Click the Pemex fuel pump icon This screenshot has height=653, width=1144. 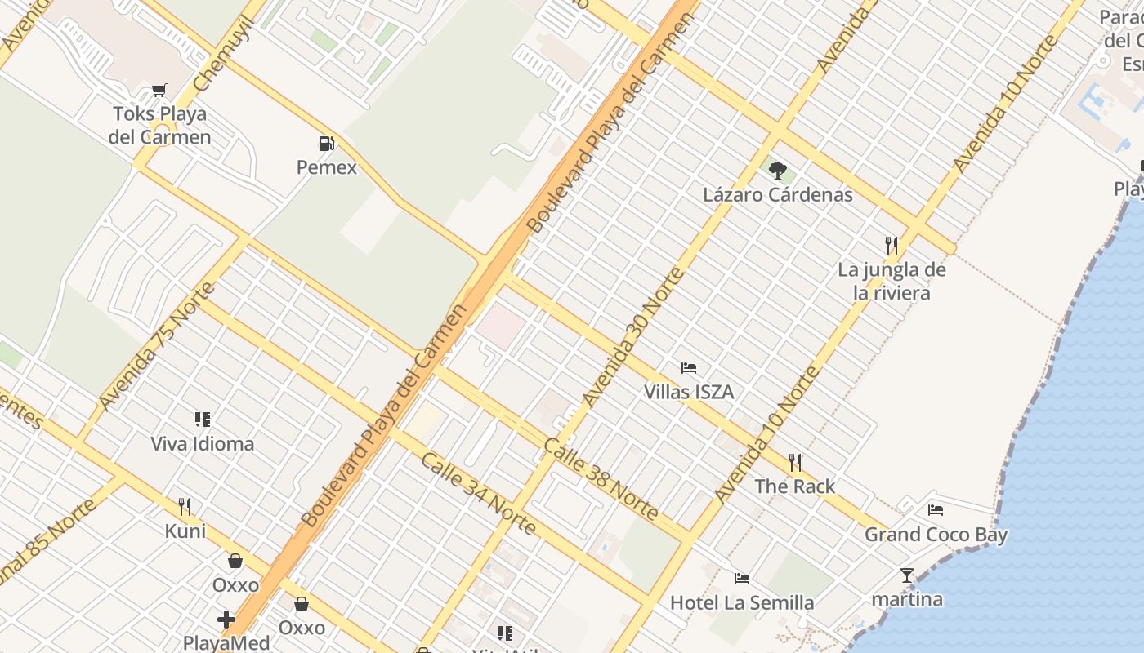point(326,144)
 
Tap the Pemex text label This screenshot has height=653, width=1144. point(327,168)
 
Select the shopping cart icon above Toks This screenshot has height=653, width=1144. point(159,91)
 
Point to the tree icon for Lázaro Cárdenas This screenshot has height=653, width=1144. point(778,171)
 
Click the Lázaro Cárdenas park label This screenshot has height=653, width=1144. point(778,195)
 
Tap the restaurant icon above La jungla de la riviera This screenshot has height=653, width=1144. point(892,245)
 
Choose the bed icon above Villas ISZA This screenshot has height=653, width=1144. point(689,368)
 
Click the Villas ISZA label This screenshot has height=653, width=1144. point(689,393)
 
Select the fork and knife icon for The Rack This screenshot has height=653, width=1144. point(795,463)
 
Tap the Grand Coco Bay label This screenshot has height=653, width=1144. point(936,535)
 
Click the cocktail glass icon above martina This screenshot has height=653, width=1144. point(907,575)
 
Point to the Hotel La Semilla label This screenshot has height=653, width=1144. point(742,603)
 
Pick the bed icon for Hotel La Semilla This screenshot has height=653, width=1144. point(742,579)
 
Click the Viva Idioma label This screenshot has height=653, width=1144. point(203,444)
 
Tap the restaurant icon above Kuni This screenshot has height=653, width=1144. point(185,507)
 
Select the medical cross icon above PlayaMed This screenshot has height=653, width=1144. point(226,620)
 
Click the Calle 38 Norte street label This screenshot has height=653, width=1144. point(601,479)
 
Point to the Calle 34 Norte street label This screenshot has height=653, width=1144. point(479,494)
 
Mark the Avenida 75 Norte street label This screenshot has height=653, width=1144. point(157,347)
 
